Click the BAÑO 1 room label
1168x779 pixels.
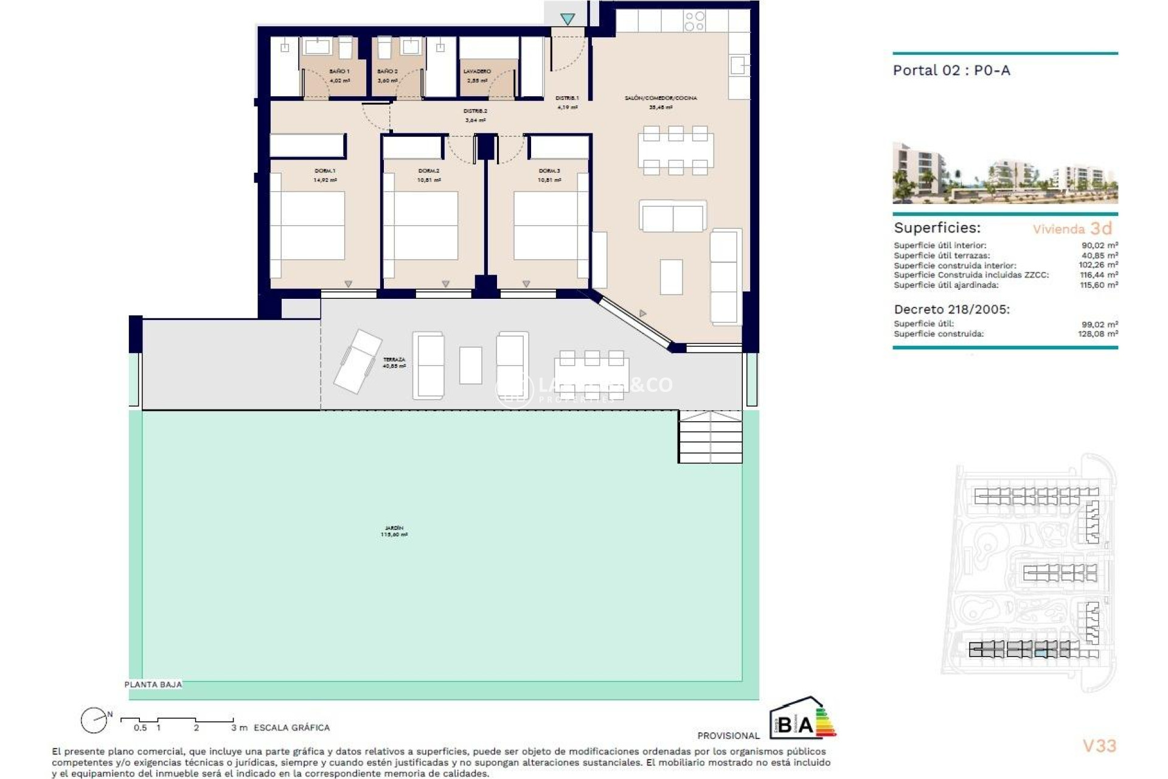(x=339, y=72)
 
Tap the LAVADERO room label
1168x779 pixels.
(x=477, y=72)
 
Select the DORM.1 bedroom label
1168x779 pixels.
(x=325, y=171)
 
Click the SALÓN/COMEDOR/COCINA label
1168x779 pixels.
(x=661, y=98)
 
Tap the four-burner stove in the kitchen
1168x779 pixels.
(x=694, y=21)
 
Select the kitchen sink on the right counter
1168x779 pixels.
(x=739, y=66)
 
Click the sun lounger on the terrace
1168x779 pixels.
(x=358, y=361)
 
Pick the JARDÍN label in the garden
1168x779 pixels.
(x=394, y=528)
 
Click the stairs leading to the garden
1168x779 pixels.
(x=710, y=436)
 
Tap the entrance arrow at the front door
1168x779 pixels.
(x=568, y=19)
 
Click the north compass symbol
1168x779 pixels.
(x=95, y=721)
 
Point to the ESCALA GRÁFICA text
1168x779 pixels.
(x=291, y=728)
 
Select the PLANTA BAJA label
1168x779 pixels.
(x=153, y=685)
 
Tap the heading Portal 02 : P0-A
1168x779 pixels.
(x=951, y=71)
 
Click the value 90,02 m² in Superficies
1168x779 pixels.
(x=1099, y=246)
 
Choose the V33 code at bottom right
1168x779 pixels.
(x=1099, y=746)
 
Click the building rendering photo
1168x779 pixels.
(x=1005, y=173)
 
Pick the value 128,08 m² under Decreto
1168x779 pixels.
(x=1099, y=334)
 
